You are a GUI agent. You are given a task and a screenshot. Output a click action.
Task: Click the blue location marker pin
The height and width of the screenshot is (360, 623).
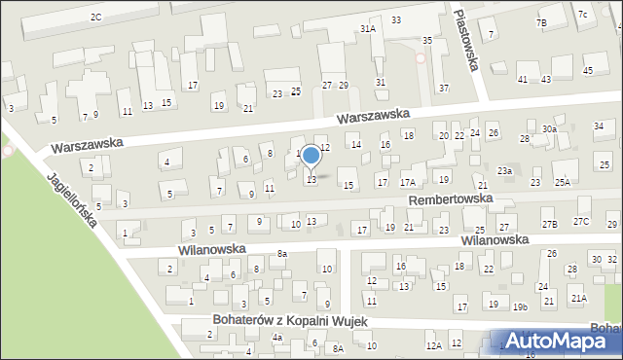point(311,156)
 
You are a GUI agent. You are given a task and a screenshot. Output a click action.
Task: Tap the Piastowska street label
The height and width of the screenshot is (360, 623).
point(469,47)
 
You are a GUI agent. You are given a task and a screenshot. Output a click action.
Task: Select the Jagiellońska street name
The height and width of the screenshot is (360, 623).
point(76,210)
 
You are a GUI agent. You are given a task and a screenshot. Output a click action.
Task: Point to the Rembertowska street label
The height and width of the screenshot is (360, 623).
point(451,198)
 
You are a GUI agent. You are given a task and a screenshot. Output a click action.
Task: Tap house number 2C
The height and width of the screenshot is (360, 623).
point(95,17)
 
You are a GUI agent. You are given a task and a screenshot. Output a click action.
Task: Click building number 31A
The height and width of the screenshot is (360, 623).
point(367,29)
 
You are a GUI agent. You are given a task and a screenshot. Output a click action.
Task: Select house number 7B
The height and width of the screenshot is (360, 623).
point(541,21)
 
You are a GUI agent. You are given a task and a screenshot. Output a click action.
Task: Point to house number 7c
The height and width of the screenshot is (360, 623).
point(582,14)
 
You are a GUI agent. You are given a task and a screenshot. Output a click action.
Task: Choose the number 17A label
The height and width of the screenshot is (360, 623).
point(408,182)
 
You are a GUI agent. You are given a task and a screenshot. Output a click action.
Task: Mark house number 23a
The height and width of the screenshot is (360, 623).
point(505,170)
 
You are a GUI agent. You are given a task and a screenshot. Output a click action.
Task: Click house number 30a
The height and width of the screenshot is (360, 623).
point(550,129)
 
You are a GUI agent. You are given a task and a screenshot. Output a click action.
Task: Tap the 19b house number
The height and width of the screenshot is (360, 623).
point(521,307)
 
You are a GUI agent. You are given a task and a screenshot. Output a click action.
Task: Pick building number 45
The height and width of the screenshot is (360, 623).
point(588,70)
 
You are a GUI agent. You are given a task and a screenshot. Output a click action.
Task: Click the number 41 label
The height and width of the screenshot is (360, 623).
point(523,79)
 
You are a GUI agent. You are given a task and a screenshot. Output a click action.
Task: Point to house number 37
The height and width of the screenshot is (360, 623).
point(444,89)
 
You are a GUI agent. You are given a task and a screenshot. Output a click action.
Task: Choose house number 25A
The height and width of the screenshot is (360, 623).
point(563,182)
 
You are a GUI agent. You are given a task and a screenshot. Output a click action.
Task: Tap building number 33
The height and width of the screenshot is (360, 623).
point(396,19)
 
